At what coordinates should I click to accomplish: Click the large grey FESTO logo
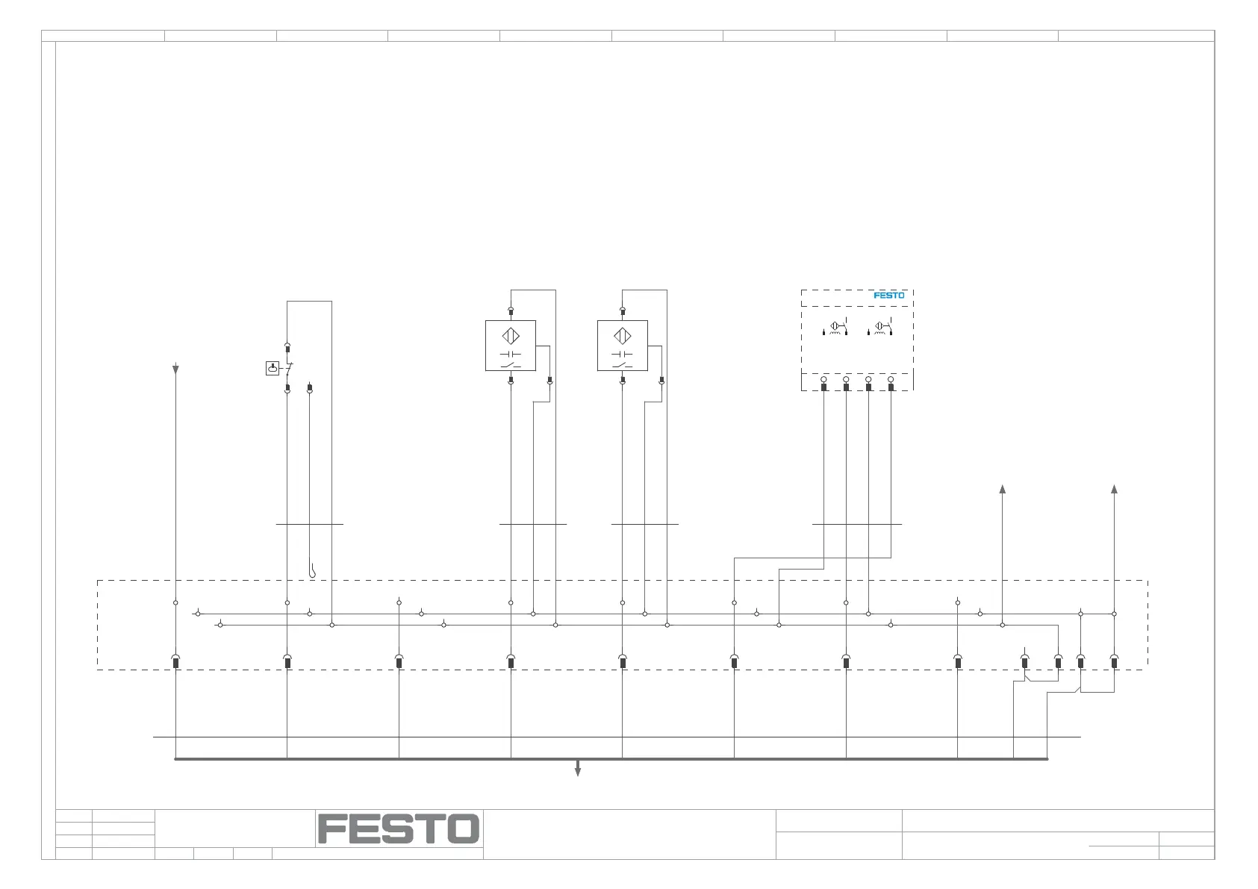(398, 829)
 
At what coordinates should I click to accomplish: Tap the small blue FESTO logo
(888, 296)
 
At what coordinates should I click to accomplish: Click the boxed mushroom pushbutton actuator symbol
(273, 368)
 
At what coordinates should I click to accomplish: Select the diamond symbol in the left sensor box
(511, 336)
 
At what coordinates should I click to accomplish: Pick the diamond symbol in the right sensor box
(623, 336)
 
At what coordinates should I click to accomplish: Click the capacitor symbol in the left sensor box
(511, 354)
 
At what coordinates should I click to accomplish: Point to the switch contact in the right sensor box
(623, 365)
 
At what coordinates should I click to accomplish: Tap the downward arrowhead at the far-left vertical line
(175, 369)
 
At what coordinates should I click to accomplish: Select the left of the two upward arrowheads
(1003, 489)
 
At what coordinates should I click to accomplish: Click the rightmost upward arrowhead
(1114, 489)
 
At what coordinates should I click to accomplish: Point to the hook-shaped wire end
(312, 572)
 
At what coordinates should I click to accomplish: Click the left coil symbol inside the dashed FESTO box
(835, 328)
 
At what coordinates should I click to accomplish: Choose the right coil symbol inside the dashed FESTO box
(880, 328)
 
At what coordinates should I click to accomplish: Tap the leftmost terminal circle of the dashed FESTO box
(823, 380)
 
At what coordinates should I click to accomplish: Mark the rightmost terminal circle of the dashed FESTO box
(891, 380)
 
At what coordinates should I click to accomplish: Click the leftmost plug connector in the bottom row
(175, 661)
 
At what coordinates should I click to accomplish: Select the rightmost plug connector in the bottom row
(1114, 661)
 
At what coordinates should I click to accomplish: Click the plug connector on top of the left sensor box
(511, 311)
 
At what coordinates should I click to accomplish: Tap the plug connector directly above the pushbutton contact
(287, 348)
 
